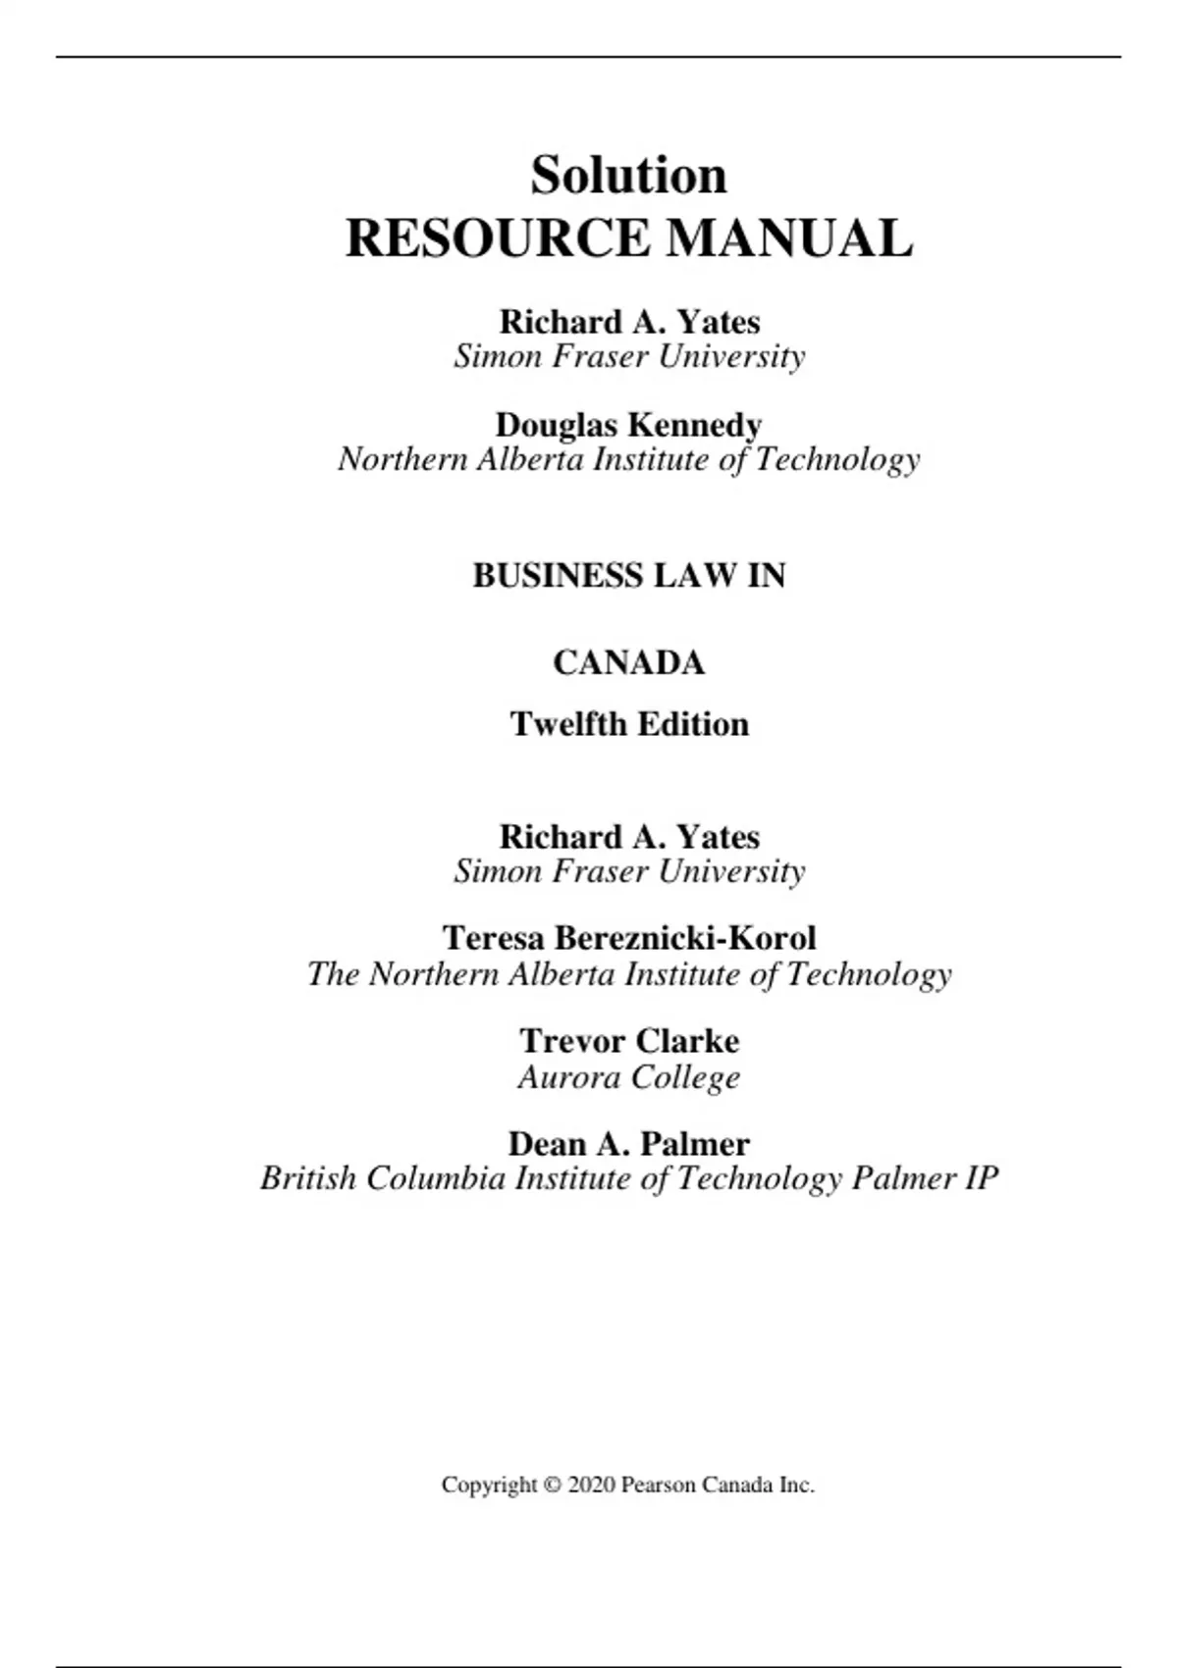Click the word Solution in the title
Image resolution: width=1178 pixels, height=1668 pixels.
point(628,176)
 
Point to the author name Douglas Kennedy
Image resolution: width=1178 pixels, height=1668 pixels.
point(628,425)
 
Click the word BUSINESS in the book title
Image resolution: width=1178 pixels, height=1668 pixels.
point(558,575)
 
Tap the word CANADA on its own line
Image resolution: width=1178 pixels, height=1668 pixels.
point(628,662)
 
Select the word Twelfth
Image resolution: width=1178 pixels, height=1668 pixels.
point(568,724)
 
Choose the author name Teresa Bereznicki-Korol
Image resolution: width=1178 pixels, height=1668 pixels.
point(628,938)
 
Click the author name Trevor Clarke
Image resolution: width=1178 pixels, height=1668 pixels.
point(628,1040)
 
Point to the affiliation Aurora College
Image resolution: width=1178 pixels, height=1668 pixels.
point(628,1077)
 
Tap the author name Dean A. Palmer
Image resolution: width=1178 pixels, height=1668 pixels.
point(628,1143)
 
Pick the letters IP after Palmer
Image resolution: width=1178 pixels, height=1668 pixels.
point(981,1177)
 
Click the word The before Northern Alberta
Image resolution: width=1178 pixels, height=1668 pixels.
point(333,974)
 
